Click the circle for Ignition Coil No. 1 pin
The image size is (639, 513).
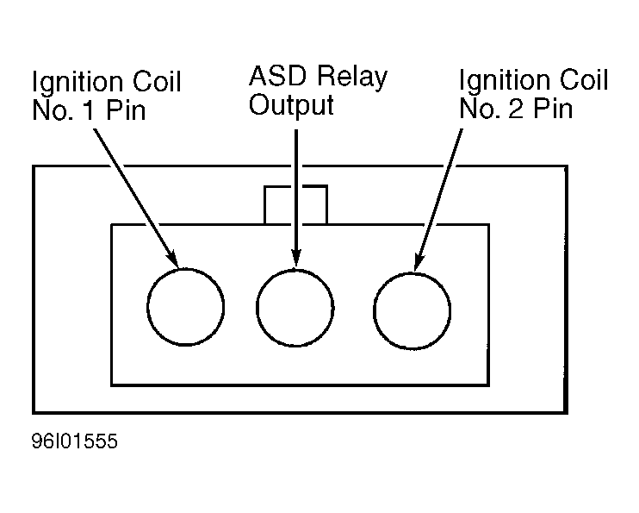point(147,307)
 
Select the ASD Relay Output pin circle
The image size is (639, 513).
point(257,308)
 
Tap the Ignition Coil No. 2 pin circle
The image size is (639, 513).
point(373,311)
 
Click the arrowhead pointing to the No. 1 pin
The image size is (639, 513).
point(173,260)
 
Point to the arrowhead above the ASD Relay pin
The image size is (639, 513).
point(296,259)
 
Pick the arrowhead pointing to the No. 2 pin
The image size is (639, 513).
point(419,262)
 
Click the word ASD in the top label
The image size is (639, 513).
point(277,76)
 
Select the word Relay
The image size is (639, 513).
point(352,78)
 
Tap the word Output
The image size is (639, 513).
point(291,106)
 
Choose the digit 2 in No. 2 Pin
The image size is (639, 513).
point(516,109)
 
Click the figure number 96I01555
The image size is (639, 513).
point(75,441)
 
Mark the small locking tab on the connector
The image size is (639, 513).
point(264,205)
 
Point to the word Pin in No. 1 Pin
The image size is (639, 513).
point(126,110)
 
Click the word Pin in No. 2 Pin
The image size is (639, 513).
point(553,109)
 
